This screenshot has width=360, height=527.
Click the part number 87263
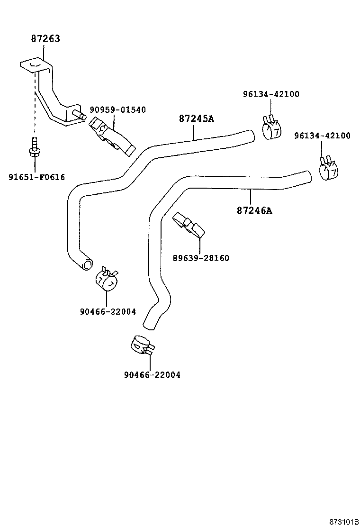tap(45, 39)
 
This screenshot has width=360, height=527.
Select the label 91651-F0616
tap(36, 177)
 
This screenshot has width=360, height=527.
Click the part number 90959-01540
tap(117, 110)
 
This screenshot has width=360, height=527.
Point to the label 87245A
tap(196, 118)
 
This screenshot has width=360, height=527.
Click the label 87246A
tap(254, 210)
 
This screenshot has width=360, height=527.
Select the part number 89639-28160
tap(200, 258)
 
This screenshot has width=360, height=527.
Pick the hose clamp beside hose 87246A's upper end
tap(328, 169)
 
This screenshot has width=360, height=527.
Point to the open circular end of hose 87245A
tap(87, 264)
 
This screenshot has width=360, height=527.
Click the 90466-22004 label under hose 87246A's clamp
tap(152, 375)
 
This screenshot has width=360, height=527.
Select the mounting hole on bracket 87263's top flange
tap(34, 63)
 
